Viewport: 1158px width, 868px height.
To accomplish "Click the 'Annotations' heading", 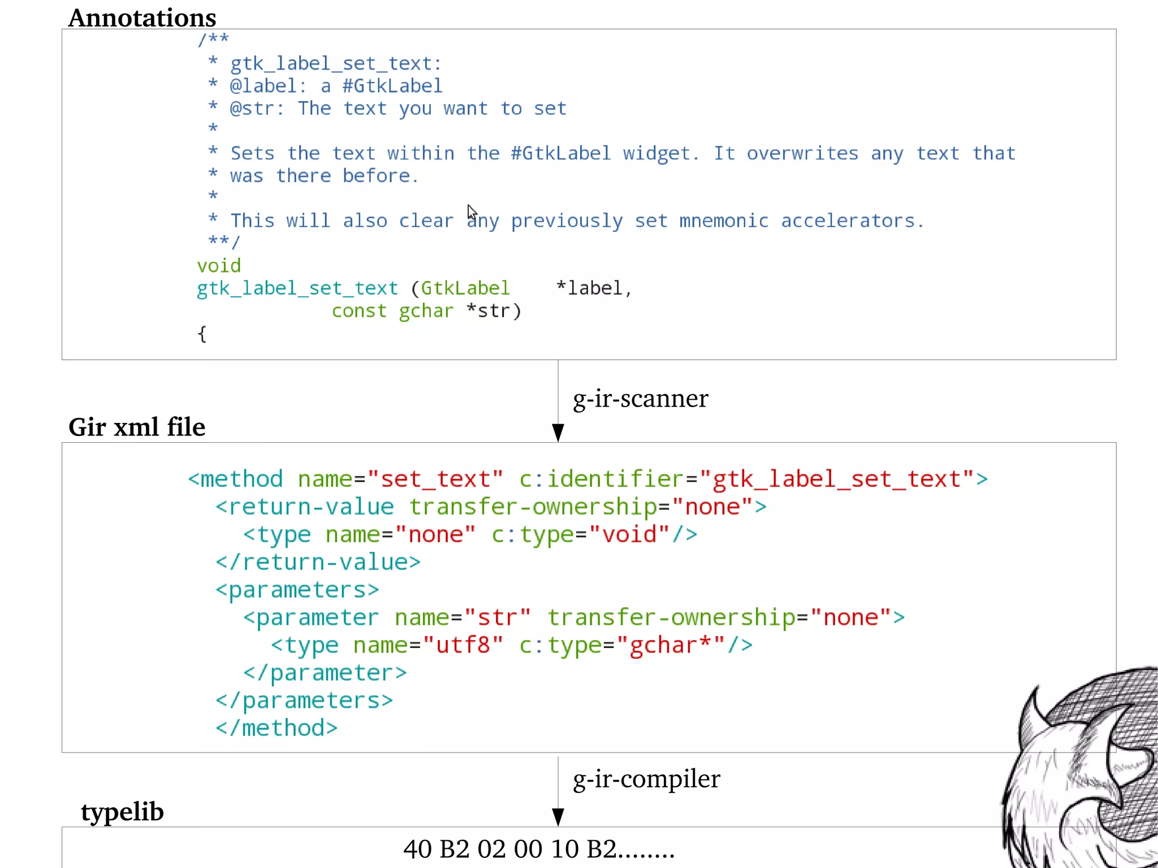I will (x=142, y=18).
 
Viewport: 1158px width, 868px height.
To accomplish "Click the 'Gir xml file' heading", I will (x=137, y=427).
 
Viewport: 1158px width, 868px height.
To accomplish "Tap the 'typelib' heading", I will (x=122, y=811).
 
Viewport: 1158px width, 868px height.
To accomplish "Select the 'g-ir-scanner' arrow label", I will (x=640, y=399).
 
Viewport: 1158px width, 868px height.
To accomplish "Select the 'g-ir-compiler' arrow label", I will (x=646, y=779).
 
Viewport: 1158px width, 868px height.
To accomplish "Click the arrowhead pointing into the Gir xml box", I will (x=558, y=433).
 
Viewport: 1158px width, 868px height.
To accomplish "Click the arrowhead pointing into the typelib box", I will (x=558, y=817).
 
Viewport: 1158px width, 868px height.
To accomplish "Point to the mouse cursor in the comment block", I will (x=472, y=212).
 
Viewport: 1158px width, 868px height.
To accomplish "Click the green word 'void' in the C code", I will (x=219, y=266).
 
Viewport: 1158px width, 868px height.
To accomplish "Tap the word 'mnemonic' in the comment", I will (x=724, y=221).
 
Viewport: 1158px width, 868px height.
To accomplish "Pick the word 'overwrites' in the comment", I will (x=802, y=153).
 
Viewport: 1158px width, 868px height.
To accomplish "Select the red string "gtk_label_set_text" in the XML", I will (x=837, y=479).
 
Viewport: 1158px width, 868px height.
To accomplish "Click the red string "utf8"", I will (x=463, y=645).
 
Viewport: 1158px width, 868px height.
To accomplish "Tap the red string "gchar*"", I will (x=671, y=645).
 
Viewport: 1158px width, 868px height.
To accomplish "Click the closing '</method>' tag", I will (x=276, y=728).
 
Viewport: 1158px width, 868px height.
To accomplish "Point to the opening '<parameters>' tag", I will (x=297, y=590).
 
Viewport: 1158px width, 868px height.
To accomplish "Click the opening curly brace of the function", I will (x=202, y=334).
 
